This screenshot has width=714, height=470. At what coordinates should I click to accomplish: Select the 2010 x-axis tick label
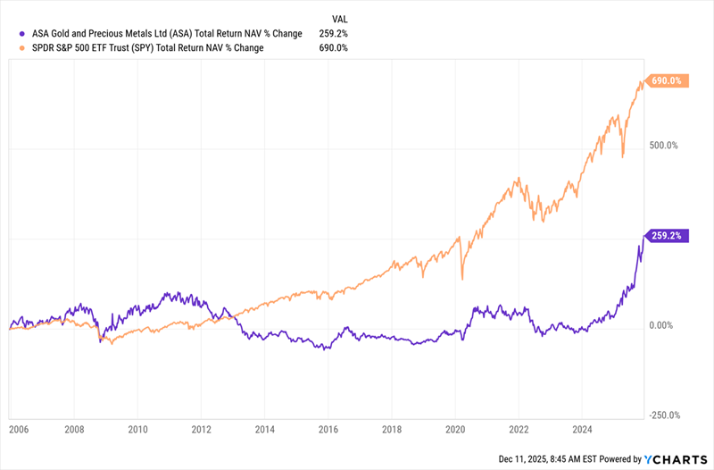coord(137,430)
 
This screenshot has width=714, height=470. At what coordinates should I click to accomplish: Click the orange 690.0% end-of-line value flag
coord(667,81)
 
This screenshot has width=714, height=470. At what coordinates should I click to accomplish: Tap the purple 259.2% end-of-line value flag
coord(667,236)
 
